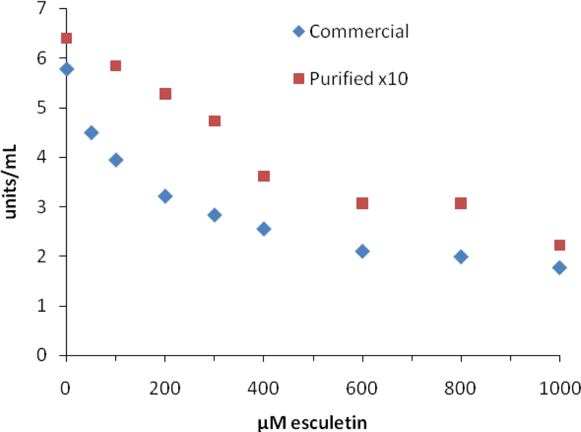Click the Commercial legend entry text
(359, 32)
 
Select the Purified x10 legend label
(358, 79)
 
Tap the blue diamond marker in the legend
(299, 31)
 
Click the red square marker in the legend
(299, 78)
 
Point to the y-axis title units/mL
(10, 182)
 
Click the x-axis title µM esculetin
(312, 422)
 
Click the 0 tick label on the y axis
(41, 355)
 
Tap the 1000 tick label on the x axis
(559, 388)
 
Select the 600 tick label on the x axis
(362, 388)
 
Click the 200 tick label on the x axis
(165, 388)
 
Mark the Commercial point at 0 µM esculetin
(67, 69)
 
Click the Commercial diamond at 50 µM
(91, 133)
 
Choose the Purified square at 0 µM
(66, 38)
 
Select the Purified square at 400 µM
(264, 176)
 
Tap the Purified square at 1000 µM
(559, 245)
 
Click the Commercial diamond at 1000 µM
(559, 268)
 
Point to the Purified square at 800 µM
(461, 203)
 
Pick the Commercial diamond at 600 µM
(362, 251)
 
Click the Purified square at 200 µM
(165, 94)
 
